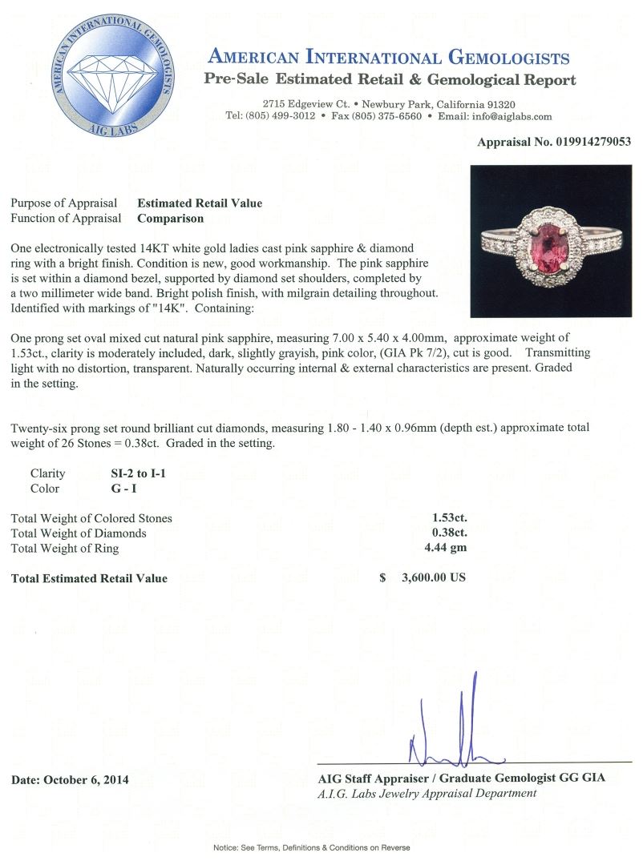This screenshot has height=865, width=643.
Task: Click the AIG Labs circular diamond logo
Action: tap(115, 78)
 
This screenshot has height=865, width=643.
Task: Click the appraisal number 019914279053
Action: tap(592, 142)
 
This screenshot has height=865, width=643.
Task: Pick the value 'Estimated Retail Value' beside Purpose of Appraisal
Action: tap(200, 203)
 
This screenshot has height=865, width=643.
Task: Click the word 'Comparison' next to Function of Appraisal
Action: tap(170, 218)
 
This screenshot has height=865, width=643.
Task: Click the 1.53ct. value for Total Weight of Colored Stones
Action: tap(449, 518)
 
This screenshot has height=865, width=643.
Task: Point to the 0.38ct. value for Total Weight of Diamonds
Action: tap(449, 533)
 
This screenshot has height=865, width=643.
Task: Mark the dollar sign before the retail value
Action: tap(383, 578)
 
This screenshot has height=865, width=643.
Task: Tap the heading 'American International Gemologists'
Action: tap(389, 58)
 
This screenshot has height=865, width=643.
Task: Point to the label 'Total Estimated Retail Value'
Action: tap(89, 578)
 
